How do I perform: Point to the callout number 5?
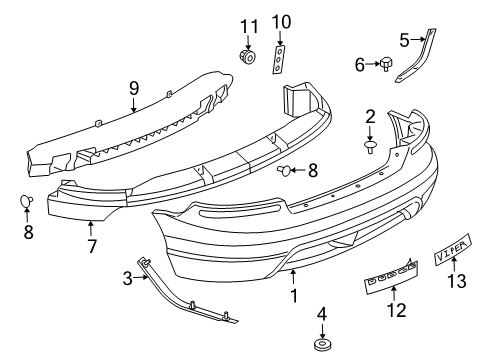[405, 40]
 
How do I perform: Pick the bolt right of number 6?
[384, 66]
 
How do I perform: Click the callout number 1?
[293, 295]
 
